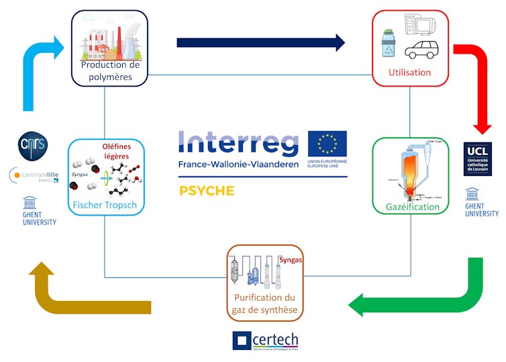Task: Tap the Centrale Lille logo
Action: tap(34, 176)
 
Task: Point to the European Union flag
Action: tap(327, 144)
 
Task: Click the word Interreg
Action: tap(238, 143)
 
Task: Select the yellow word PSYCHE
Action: tap(207, 191)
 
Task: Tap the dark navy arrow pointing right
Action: tap(260, 43)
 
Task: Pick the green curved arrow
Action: tap(429, 296)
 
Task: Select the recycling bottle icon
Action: tap(389, 43)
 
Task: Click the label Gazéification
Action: tap(412, 207)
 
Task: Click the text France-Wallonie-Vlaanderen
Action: tap(238, 165)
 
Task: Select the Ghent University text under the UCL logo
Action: tap(482, 210)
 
